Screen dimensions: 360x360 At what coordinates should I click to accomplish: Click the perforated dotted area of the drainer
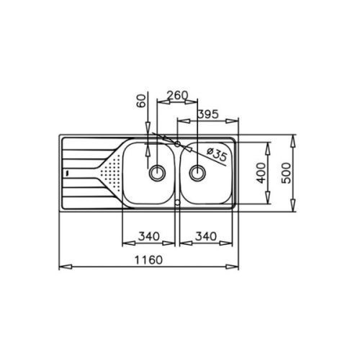click(x=109, y=174)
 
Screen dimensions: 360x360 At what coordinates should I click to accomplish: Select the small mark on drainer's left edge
click(x=66, y=174)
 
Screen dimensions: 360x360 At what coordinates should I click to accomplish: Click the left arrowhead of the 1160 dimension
click(x=61, y=267)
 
